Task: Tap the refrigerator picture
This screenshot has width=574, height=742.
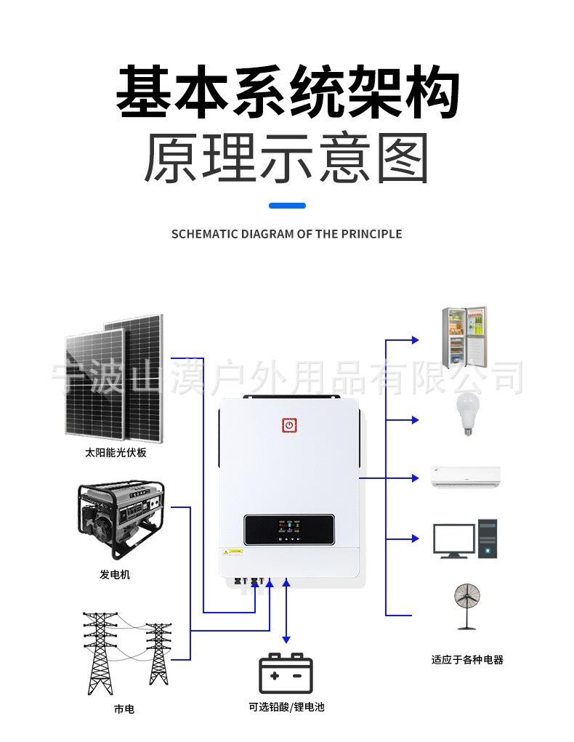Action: point(464,337)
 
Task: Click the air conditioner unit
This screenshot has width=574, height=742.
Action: point(465,476)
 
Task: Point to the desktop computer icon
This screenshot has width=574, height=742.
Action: point(465,539)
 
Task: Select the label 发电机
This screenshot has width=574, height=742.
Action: point(115,575)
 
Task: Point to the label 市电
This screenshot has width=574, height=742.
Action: point(124,709)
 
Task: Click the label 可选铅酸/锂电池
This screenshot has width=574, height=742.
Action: point(286,706)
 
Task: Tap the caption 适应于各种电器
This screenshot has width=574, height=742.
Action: point(466,660)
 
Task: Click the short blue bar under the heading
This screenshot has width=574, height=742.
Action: point(287,206)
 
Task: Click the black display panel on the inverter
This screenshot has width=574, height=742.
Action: point(289,531)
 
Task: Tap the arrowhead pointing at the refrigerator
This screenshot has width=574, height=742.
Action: point(416,339)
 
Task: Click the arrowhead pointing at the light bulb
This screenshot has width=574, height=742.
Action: point(416,420)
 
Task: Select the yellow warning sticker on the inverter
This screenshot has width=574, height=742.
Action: point(226,552)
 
